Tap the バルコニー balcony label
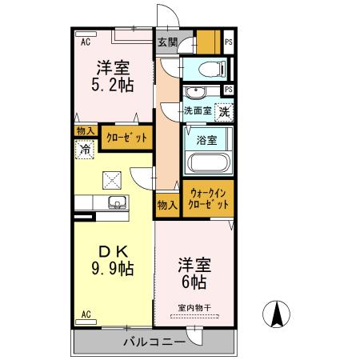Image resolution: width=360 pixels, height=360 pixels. pos(154,342)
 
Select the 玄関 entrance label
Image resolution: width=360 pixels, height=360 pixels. pos(166,42)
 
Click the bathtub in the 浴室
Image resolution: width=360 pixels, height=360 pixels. pos(209,164)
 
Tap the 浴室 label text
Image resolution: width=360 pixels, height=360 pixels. pos(207,140)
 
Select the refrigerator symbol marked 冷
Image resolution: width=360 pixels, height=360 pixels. pos(84,148)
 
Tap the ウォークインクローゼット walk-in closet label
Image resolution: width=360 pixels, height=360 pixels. pos(208,198)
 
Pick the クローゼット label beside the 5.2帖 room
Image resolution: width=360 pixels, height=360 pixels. pos(126,138)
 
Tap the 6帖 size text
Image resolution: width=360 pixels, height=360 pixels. pos(194,282)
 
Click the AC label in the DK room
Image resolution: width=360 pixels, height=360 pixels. pos(86,314)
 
